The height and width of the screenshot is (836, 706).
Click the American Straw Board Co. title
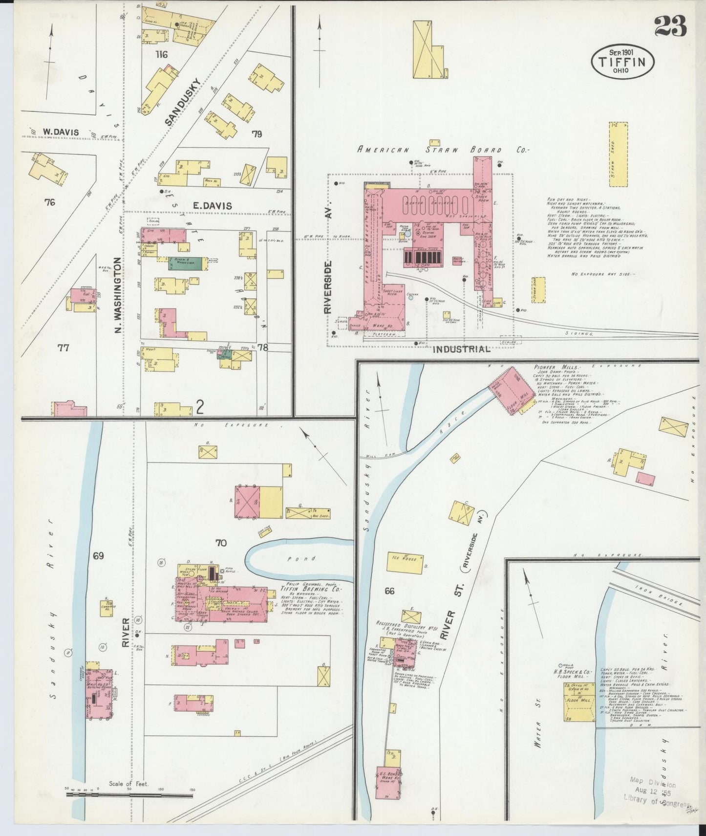[444, 151]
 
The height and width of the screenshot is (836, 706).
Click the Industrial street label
[461, 350]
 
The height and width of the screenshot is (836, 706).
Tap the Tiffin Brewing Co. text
[300, 589]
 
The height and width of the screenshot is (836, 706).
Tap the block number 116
[161, 54]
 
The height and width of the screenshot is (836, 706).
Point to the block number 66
[389, 591]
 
